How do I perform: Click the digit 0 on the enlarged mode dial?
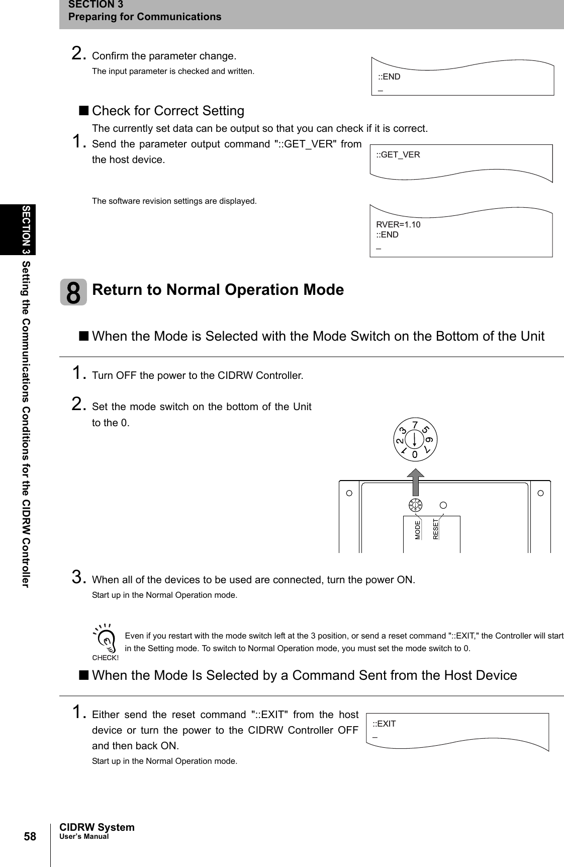415,454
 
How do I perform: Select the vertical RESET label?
436,529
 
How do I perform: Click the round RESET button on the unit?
443,504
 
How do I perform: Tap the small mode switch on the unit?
415,505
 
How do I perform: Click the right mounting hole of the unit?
540,493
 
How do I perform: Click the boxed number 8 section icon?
73,292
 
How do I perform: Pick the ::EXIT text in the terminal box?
384,724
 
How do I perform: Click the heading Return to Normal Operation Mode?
218,290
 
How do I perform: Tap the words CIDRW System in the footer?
97,827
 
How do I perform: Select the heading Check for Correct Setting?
168,111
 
